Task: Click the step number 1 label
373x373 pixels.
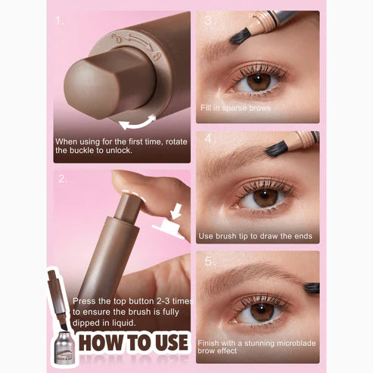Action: click(x=60, y=20)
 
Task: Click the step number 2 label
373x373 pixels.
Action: click(x=60, y=179)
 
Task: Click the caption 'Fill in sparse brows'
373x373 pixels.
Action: click(x=235, y=107)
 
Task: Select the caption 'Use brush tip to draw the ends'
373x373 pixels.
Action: click(x=256, y=236)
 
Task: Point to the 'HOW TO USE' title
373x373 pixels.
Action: click(x=133, y=342)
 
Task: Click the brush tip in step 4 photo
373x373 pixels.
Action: click(x=276, y=148)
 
